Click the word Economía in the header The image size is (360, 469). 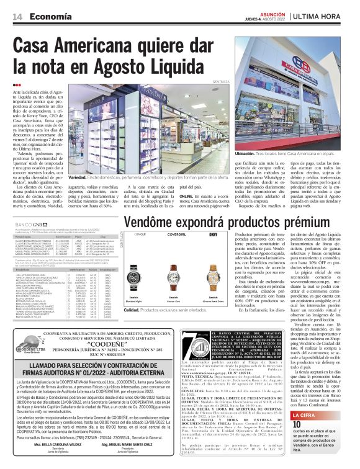click(x=49, y=16)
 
